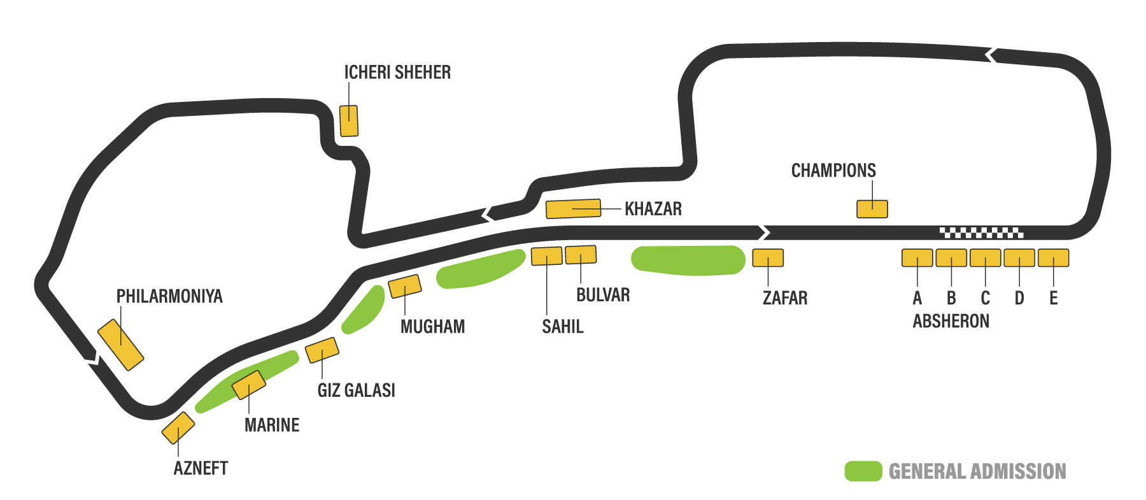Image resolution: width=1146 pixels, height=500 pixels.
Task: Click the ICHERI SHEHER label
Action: click(x=397, y=73)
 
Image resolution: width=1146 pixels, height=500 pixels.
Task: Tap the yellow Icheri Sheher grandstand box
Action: click(x=349, y=121)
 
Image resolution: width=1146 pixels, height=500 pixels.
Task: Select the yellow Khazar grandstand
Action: click(x=573, y=209)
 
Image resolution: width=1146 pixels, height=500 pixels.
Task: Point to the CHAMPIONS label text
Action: click(x=833, y=171)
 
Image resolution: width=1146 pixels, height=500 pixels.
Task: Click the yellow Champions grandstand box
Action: click(x=872, y=209)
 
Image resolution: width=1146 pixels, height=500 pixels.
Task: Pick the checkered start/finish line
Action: click(x=981, y=232)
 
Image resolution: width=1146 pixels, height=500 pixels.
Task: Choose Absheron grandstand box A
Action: click(x=917, y=258)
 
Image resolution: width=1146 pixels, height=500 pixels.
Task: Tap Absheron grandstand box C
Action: click(x=985, y=258)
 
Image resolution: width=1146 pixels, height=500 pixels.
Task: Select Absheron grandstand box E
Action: click(x=1053, y=258)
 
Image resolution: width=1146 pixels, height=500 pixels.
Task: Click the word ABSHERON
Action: click(x=951, y=321)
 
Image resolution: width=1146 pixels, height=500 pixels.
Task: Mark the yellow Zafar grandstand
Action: click(x=768, y=258)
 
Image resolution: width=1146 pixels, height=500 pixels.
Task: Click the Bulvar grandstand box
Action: click(x=581, y=255)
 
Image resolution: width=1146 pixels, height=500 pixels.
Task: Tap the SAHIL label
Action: click(x=562, y=327)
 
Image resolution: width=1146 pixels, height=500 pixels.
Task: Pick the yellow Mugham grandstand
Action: click(x=405, y=287)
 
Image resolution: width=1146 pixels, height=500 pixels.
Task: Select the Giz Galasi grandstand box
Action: click(x=322, y=350)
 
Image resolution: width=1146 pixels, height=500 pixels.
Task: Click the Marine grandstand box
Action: click(x=248, y=385)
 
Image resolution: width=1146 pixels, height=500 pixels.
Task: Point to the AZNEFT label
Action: click(x=201, y=469)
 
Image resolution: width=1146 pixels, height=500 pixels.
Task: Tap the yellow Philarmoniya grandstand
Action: click(x=120, y=345)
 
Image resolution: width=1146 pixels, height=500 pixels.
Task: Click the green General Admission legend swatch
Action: click(x=863, y=471)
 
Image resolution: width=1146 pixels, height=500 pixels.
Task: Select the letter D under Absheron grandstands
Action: click(x=1019, y=298)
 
